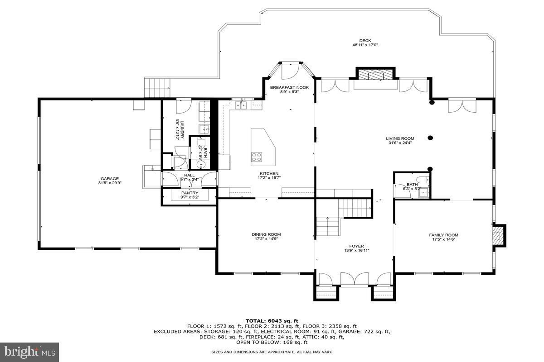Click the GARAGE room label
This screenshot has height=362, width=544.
110,179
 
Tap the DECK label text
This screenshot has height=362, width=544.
365,41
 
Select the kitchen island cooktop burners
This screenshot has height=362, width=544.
257,157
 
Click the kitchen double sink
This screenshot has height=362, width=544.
241,105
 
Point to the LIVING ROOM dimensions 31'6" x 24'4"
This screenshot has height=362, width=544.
400,143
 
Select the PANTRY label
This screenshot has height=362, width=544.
189,193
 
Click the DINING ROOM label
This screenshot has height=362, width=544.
266,234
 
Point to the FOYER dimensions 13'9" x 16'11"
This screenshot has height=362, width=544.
357,251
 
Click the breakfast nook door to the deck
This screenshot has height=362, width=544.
290,71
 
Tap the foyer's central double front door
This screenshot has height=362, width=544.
355,279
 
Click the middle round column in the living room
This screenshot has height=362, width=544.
430,138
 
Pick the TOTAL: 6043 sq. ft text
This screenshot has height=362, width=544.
272,321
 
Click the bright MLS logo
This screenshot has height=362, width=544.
29,352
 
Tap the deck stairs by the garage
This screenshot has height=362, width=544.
157,87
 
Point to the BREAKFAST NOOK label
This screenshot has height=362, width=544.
290,87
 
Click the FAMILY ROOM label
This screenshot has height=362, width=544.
444,235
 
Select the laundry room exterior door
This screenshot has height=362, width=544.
184,106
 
